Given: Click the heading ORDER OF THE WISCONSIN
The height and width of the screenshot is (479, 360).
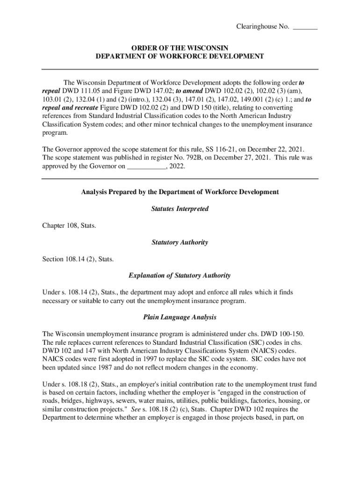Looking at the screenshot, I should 180,48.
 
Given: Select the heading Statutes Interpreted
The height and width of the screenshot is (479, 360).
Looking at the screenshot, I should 180,209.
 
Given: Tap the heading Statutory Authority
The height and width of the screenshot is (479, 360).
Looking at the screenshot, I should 180,242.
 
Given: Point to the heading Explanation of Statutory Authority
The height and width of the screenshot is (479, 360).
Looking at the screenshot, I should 180,276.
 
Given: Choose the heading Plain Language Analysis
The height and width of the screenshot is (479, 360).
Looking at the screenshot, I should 180,317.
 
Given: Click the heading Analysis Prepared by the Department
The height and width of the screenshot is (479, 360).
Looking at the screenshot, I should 180,192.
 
